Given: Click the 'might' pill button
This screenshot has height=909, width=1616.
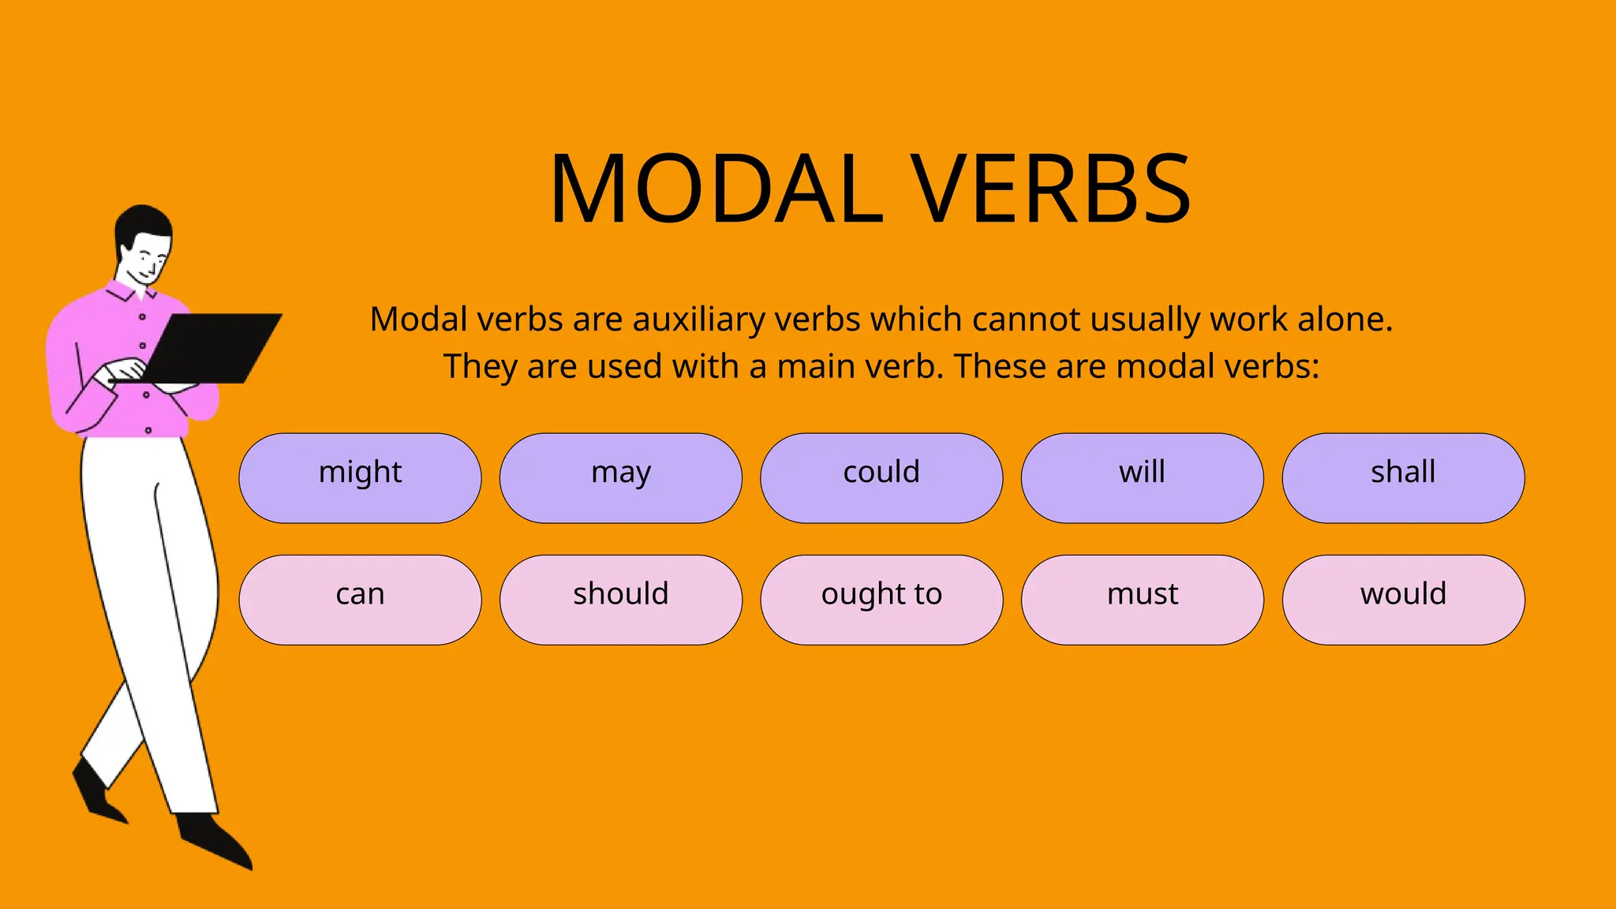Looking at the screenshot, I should (x=360, y=477).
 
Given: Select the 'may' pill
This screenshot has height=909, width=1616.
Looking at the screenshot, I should (x=621, y=477).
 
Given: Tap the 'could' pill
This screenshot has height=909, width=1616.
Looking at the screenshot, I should (x=881, y=477).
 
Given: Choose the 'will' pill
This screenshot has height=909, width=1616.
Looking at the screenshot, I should (x=1142, y=477).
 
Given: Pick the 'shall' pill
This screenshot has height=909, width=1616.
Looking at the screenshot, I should (x=1403, y=477).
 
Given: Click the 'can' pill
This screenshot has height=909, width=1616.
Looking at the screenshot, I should (x=360, y=600).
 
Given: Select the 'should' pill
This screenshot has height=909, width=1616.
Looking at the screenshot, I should (x=621, y=600).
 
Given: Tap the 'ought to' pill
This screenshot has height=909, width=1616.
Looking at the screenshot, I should (x=881, y=600).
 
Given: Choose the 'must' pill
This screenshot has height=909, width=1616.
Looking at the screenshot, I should (x=1142, y=600).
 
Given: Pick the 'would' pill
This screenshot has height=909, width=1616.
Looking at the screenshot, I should (x=1403, y=600).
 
